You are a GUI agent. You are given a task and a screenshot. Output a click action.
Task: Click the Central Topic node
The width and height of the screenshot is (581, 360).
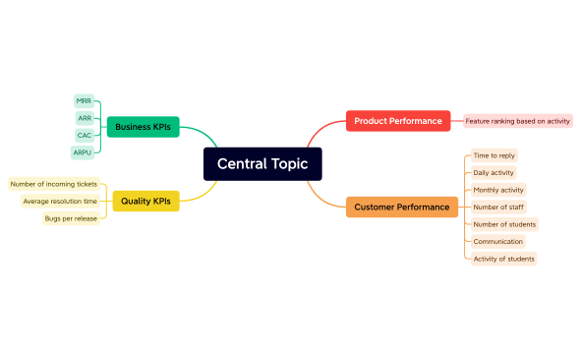coord(261,164)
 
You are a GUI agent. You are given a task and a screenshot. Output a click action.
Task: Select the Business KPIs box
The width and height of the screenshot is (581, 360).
coord(143,127)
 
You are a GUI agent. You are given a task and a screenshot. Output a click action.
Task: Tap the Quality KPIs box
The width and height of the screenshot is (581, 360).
coord(145,201)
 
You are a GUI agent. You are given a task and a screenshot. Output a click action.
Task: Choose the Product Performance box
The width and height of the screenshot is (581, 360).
coord(398,121)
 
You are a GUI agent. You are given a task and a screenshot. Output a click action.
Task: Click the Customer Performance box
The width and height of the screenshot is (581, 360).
coord(402,207)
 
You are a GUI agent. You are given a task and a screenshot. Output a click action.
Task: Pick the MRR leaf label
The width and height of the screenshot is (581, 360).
coord(84,101)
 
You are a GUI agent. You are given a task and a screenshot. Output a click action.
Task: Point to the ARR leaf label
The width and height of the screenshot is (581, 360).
coord(85,118)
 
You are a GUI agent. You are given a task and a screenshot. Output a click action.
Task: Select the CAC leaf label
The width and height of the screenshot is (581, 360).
coord(85,135)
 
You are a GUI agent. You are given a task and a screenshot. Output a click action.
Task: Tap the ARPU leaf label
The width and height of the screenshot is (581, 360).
coord(83,152)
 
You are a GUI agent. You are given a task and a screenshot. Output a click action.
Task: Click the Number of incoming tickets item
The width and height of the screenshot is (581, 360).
coord(53,184)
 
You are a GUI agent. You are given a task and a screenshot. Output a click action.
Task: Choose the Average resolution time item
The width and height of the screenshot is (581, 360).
coord(60,201)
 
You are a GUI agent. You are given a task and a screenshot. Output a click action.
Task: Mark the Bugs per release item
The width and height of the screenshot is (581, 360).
coord(71,218)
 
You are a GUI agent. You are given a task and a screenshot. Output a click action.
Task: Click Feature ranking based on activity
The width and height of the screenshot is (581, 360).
coord(517,121)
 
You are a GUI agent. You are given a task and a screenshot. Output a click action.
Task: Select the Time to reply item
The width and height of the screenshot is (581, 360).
coord(494,155)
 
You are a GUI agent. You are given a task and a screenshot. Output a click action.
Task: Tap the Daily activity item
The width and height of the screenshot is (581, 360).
coord(494,172)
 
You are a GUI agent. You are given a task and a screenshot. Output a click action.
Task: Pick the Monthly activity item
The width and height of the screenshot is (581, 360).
coord(498,190)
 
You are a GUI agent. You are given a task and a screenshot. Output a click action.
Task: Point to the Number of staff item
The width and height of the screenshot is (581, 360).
coord(496,207)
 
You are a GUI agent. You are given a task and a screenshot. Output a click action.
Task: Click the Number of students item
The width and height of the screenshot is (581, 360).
coord(504,224)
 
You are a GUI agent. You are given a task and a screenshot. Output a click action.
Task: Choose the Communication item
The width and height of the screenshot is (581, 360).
coord(497,241)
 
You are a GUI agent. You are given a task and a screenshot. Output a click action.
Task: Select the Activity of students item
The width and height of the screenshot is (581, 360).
coord(503,259)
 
